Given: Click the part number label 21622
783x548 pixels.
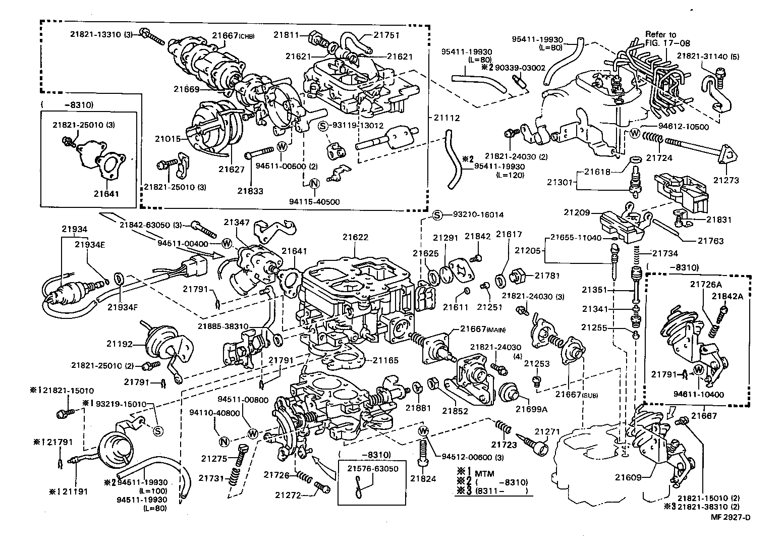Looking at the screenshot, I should [355, 237].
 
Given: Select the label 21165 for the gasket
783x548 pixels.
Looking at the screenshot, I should [385, 360].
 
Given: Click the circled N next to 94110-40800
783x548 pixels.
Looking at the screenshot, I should [225, 442].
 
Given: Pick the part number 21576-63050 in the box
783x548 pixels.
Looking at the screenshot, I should [372, 468].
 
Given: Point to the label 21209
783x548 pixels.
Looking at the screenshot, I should [577, 212].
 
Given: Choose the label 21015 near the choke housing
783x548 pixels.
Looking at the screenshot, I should [167, 139].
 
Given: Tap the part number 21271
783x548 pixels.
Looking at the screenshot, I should [547, 431].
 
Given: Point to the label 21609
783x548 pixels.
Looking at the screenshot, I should [628, 476].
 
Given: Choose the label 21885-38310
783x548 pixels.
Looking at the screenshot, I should [222, 326].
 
